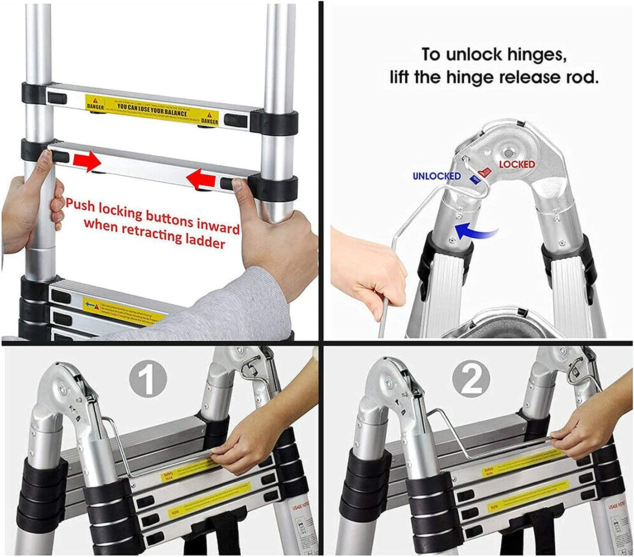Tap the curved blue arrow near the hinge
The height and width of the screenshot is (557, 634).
tap(475, 230)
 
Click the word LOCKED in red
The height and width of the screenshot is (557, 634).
tap(517, 164)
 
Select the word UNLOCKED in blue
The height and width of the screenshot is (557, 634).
tap(437, 176)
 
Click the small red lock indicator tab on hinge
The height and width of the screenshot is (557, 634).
tap(484, 172)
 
